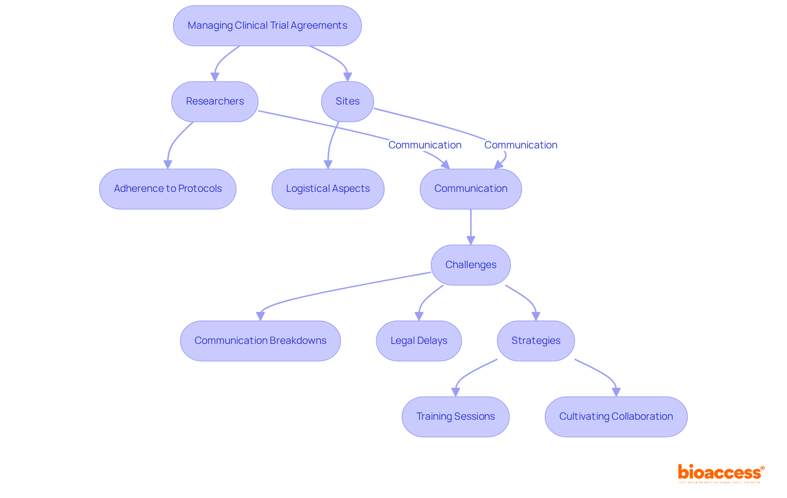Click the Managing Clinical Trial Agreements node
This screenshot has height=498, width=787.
267,25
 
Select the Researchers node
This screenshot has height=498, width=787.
215,101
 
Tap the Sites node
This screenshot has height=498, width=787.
347,101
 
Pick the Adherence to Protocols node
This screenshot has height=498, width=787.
168,189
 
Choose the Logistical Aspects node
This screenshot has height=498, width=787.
328,189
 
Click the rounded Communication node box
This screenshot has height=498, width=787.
471,189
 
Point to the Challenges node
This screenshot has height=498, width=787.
471,265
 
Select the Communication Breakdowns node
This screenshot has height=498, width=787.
260,341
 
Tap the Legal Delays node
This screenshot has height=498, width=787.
419,341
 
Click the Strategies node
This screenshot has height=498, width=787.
536,341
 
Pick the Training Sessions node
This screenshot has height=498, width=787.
455,416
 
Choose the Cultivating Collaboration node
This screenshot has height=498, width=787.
616,416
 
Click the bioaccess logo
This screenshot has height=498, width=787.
721,473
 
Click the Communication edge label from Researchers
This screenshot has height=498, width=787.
425,145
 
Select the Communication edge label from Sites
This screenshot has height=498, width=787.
521,145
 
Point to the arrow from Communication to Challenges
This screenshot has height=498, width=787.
471,227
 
